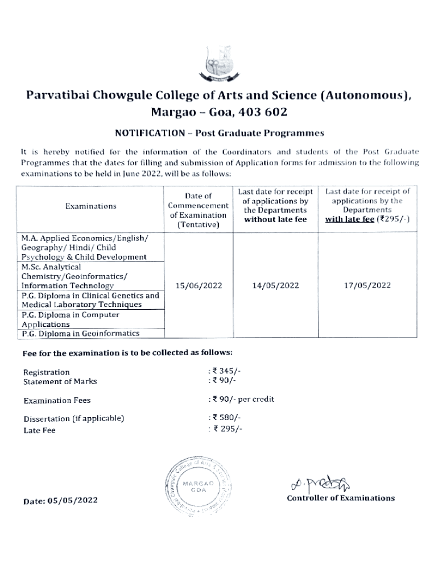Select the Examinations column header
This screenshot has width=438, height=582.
(91, 206)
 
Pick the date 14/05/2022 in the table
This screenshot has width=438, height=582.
(275, 285)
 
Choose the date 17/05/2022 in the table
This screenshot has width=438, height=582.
(367, 285)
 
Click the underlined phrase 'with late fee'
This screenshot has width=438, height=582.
(349, 219)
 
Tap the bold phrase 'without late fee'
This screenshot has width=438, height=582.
(275, 219)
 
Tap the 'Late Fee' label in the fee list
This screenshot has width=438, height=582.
(39, 430)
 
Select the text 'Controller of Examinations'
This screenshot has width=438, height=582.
(340, 498)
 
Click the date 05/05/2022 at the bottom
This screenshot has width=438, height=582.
(60, 501)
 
